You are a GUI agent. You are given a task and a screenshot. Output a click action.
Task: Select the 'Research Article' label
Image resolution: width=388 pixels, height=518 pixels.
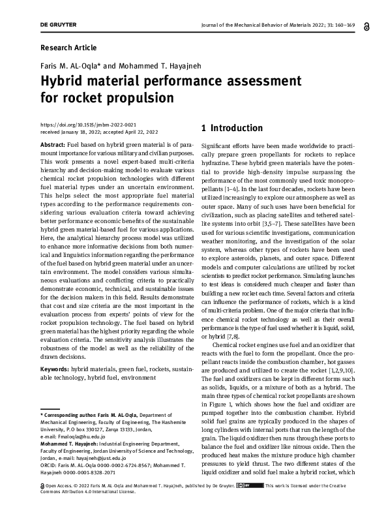pyautogui.click(x=68, y=48)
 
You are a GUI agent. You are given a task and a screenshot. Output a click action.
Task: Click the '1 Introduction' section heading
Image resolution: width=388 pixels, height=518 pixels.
pyautogui.click(x=232, y=128)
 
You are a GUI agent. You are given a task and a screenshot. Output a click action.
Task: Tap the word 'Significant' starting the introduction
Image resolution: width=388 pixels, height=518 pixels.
pyautogui.click(x=218, y=144)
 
